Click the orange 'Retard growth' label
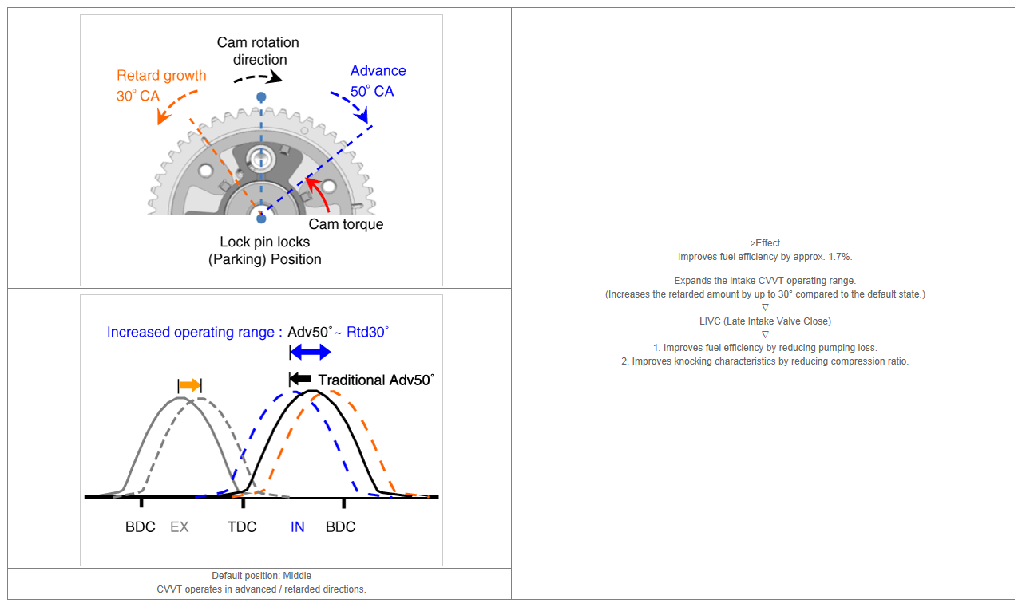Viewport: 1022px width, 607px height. (x=161, y=76)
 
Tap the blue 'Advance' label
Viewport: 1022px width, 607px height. (x=378, y=71)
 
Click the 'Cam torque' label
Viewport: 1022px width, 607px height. (x=346, y=224)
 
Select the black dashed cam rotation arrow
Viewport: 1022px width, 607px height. (x=259, y=77)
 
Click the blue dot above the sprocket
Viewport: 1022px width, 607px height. (x=261, y=97)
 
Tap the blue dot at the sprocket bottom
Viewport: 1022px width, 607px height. (x=261, y=219)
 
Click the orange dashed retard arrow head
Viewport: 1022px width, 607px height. (x=163, y=116)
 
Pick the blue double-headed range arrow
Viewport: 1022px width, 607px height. (x=311, y=352)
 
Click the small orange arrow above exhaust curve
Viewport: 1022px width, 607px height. (x=190, y=385)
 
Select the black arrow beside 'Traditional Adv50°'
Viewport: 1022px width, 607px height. (x=300, y=379)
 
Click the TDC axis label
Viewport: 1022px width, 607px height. (x=242, y=526)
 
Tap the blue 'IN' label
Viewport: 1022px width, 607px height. (x=298, y=526)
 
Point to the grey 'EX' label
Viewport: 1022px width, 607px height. (x=180, y=526)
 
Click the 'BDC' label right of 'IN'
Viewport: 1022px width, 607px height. (x=340, y=526)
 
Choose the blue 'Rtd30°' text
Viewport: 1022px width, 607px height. (x=368, y=332)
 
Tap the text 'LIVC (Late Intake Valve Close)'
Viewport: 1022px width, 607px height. (x=765, y=321)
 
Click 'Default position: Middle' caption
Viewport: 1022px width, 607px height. (x=261, y=576)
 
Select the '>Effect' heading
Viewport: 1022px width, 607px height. (x=765, y=243)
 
